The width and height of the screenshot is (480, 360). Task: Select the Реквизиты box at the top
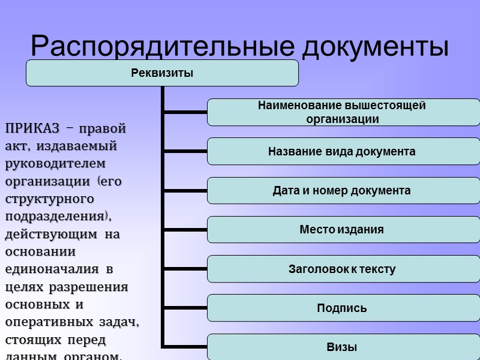(162, 73)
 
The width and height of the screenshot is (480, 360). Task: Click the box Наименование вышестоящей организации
(343, 112)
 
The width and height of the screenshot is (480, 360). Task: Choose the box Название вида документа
(343, 151)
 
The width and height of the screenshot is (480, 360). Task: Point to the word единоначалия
(55, 269)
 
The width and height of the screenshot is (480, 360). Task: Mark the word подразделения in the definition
(57, 216)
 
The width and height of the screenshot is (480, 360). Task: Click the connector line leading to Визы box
(185, 347)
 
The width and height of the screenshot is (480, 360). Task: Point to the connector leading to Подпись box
(185, 308)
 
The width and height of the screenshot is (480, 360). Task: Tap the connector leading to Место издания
(185, 229)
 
